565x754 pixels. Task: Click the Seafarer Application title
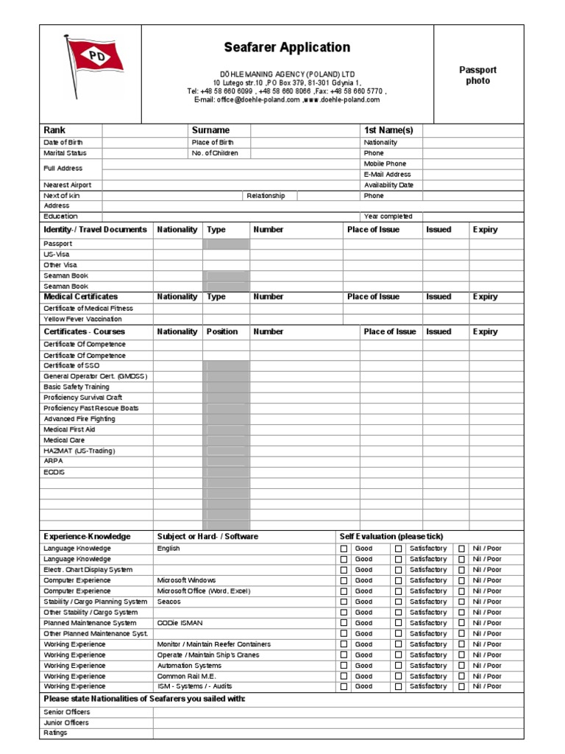click(x=287, y=48)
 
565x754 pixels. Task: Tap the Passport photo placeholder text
click(x=477, y=75)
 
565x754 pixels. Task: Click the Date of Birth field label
click(x=65, y=142)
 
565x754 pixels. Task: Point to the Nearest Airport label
click(x=67, y=185)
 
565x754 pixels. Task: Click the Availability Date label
click(x=388, y=185)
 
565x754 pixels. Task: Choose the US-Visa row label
click(x=57, y=254)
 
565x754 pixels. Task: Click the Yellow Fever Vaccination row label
click(x=82, y=319)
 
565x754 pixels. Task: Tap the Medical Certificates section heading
click(x=80, y=297)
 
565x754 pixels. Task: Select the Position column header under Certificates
click(x=222, y=331)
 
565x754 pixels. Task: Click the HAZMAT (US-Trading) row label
click(x=79, y=451)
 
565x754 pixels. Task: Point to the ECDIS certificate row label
click(x=54, y=472)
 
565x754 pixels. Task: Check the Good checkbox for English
click(x=344, y=549)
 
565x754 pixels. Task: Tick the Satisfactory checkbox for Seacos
click(x=398, y=602)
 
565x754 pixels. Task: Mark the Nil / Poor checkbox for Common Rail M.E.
click(x=461, y=676)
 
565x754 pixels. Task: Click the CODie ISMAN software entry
click(x=180, y=623)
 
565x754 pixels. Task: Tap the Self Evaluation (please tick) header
click(x=391, y=536)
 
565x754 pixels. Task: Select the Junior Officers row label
click(x=66, y=722)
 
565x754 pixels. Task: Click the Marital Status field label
click(x=65, y=153)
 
